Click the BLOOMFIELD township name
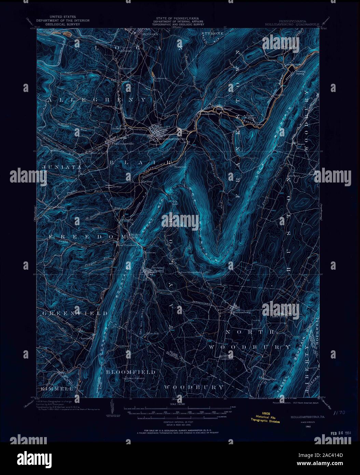pos(130,372)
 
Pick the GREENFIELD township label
pos(75,313)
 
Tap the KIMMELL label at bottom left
pos(57,389)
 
